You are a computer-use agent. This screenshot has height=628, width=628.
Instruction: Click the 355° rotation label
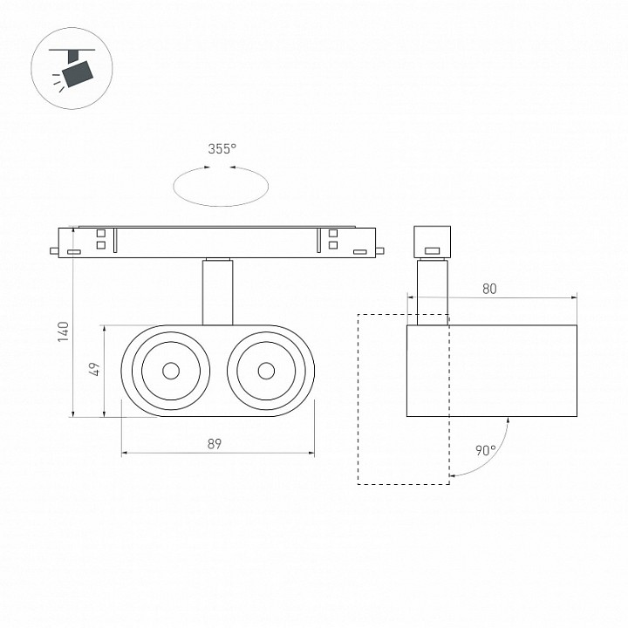[x=222, y=149]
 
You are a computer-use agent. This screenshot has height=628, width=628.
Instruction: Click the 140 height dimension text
[x=64, y=331]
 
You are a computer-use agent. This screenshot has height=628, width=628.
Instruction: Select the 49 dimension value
[x=95, y=369]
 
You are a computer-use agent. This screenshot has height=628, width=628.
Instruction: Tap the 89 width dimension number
[x=215, y=444]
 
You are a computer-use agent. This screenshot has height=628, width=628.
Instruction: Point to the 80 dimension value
[x=489, y=289]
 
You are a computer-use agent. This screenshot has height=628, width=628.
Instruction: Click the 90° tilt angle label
[x=486, y=451]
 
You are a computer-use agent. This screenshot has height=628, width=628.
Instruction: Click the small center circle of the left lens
[x=171, y=371]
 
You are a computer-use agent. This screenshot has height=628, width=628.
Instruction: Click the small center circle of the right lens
[x=266, y=371]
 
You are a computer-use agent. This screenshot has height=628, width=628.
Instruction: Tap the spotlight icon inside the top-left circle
[x=73, y=67]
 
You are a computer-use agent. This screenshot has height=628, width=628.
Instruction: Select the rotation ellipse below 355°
[x=221, y=206]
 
